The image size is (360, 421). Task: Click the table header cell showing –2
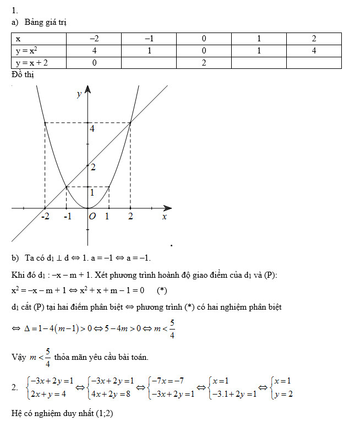[94, 39]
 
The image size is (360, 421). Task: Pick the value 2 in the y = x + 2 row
[204, 63]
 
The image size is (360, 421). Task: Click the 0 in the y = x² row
[204, 51]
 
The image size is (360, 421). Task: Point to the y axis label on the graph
[79, 94]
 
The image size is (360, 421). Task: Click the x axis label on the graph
[164, 217]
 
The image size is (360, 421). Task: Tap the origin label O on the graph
[92, 217]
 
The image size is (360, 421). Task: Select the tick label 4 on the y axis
[92, 129]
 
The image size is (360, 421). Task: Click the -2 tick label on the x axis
[45, 217]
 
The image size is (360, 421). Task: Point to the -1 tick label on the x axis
[67, 217]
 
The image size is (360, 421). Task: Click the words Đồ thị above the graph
[23, 74]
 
